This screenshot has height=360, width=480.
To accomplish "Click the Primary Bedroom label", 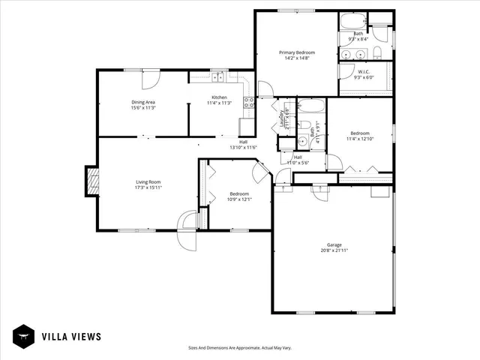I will pos(297,52).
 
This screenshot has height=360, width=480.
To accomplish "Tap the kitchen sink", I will pos(219,78).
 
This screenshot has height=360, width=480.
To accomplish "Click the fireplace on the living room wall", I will pos(91,181).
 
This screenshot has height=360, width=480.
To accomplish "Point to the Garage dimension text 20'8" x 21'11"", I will pos(333,251).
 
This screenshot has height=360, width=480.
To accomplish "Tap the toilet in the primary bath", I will pos(378,52).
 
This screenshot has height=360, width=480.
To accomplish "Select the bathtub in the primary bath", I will pos(353,21).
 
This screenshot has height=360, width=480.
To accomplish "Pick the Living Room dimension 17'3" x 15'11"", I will pos(148,187).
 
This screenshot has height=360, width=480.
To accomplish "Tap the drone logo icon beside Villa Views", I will pos(25,337).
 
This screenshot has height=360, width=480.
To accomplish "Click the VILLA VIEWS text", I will pos(71,337).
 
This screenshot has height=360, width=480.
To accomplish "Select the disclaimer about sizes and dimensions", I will pos(240,348).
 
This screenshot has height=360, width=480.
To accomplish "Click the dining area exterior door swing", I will pos(151,78).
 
